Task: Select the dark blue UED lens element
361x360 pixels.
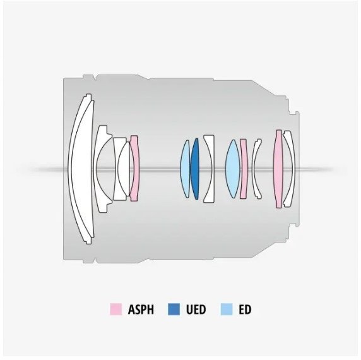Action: [x=195, y=169]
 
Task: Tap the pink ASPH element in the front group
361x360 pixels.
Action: [x=135, y=169]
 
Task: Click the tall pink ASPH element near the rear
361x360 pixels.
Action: [x=278, y=169]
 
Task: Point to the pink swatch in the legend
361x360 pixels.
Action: [x=115, y=309]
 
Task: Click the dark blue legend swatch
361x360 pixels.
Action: [x=174, y=309]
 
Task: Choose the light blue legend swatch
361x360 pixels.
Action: [x=227, y=309]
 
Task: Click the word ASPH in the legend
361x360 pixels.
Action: [x=141, y=309]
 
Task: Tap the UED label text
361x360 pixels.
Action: [x=196, y=309]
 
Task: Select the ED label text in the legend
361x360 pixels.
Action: [x=245, y=309]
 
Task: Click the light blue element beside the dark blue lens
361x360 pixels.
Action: [x=185, y=169]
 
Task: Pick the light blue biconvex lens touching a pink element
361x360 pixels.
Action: [x=233, y=169]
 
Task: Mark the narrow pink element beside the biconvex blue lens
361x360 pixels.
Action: [x=244, y=169]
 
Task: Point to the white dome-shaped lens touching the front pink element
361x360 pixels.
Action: [x=123, y=169]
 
